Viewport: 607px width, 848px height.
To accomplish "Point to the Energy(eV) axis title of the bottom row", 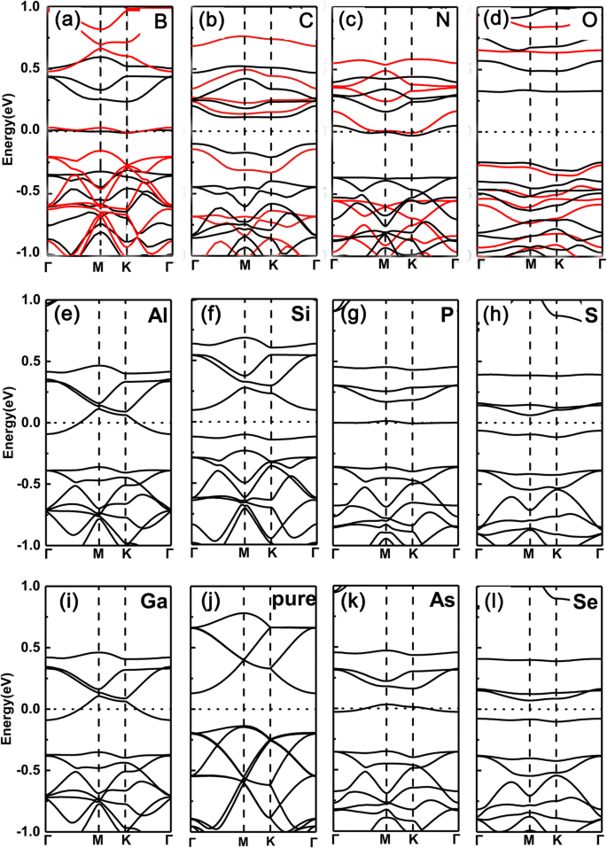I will (8, 709).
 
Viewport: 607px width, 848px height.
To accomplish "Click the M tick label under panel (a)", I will (99, 264).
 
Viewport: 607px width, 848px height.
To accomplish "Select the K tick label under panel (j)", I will (271, 839).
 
